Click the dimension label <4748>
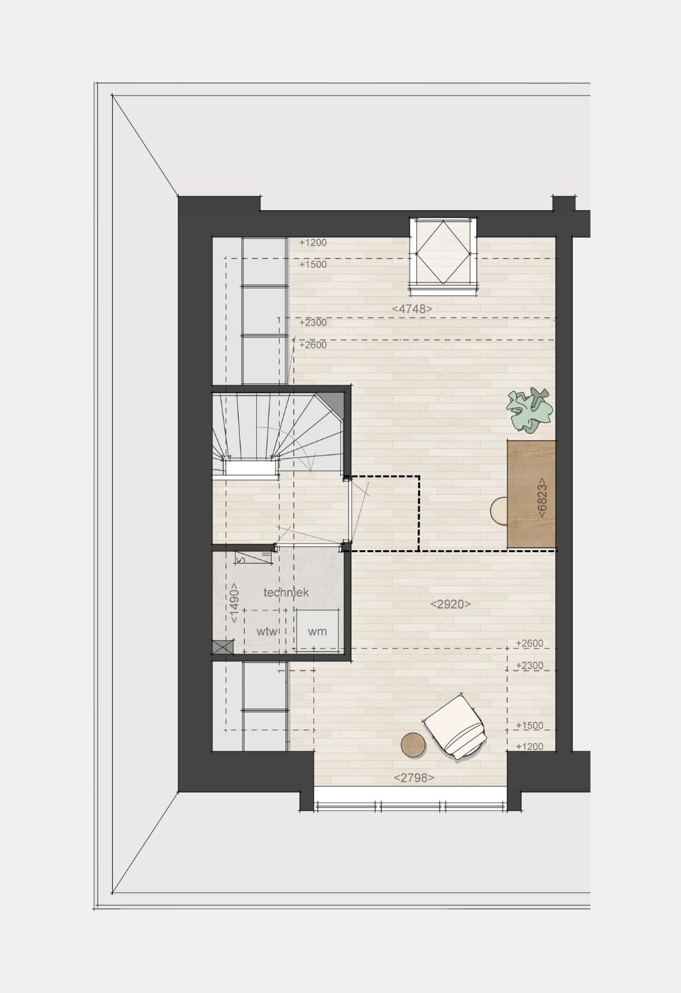tap(412, 309)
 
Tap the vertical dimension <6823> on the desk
tap(541, 497)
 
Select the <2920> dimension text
tap(450, 604)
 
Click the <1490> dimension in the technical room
tap(234, 603)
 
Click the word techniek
tap(286, 592)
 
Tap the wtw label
tap(267, 631)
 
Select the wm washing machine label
tap(317, 631)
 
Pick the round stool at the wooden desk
tap(499, 511)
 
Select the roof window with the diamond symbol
tap(443, 256)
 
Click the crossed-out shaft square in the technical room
tap(223, 646)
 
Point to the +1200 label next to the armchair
tap(530, 747)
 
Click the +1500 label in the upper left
tap(313, 264)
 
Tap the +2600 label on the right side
tap(530, 643)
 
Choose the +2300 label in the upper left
tap(313, 322)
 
